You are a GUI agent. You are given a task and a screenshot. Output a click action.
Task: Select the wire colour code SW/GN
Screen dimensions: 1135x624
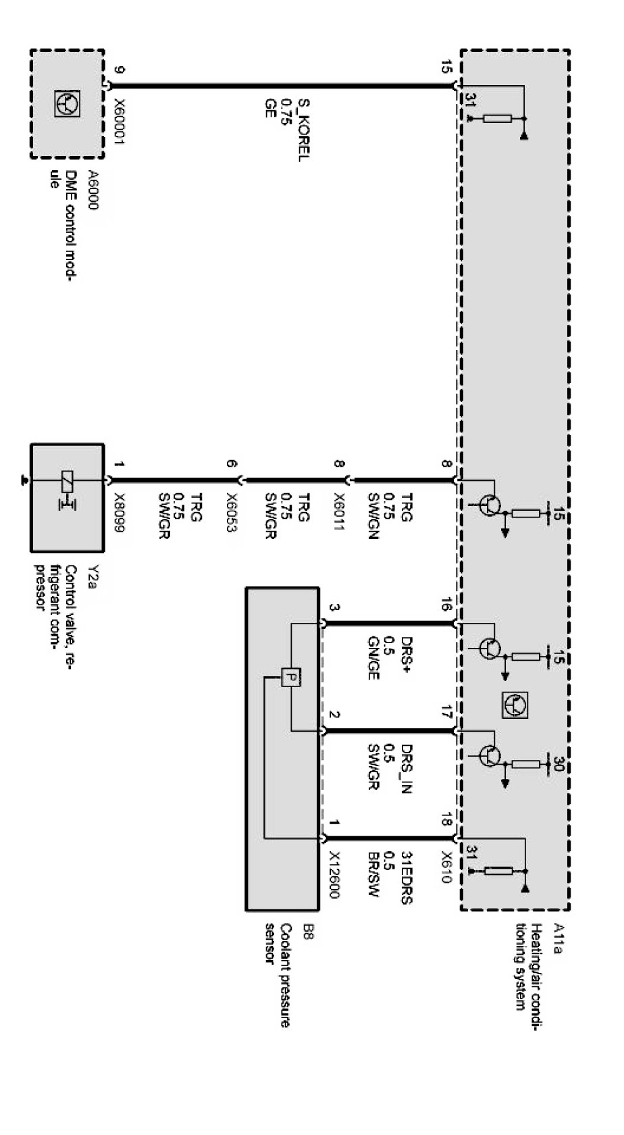tap(373, 517)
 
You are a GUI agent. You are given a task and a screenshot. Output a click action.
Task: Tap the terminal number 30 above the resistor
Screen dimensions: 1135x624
tap(558, 763)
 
